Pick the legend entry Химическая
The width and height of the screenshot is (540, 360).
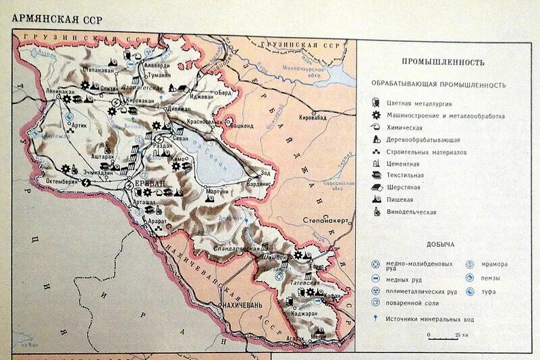pos(404,128)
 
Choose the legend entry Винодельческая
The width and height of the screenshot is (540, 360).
pos(411,212)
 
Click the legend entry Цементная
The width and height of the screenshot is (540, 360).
pos(403,163)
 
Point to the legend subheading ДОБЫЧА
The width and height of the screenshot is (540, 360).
pos(439,244)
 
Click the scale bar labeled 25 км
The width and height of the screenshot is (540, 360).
pos(443,334)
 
